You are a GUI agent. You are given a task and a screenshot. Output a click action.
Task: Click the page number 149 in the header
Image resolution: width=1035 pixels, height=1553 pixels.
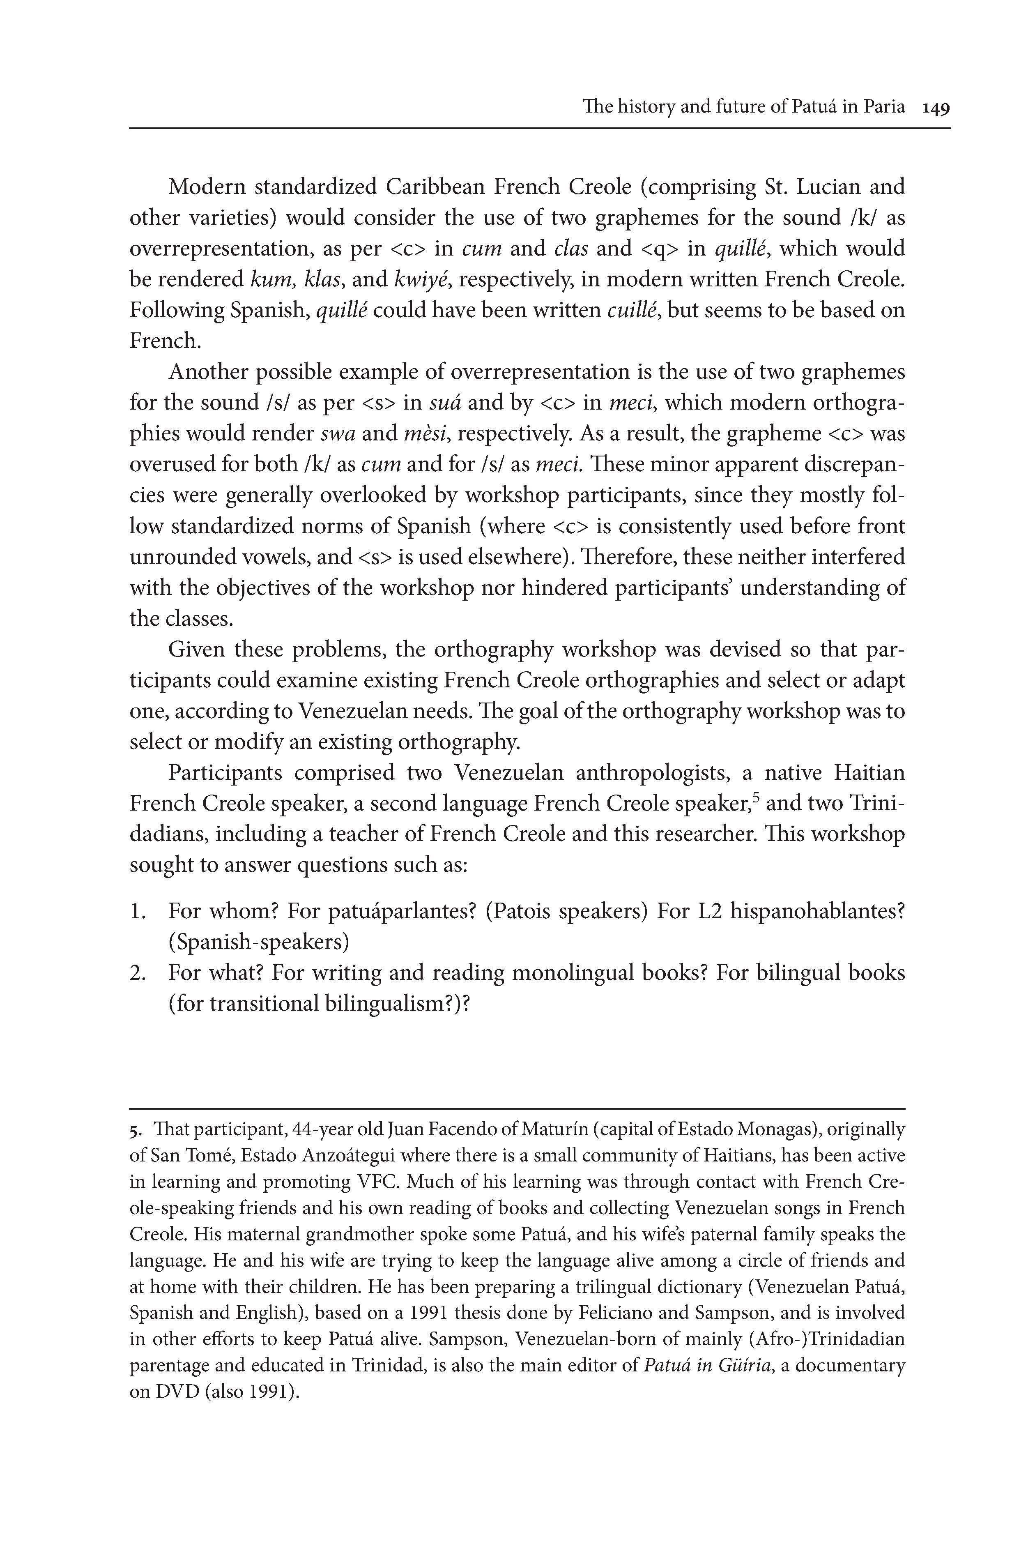936,108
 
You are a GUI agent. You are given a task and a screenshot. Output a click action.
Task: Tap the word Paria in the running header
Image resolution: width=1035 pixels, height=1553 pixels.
883,106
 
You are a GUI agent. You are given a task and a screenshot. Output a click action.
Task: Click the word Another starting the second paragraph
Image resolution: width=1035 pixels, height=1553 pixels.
208,372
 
